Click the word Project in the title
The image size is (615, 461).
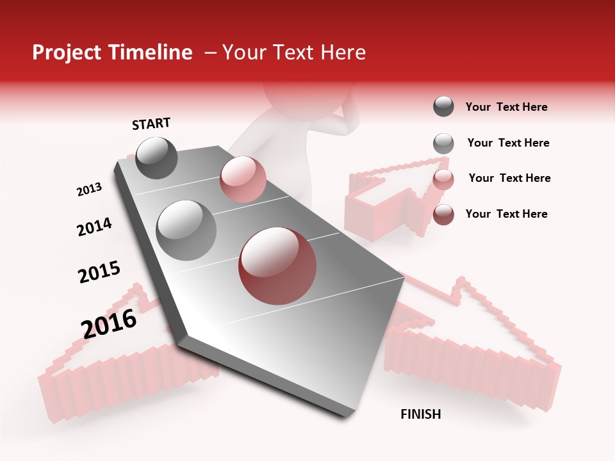point(67,53)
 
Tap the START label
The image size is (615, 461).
point(151,124)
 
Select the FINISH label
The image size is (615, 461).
point(421,414)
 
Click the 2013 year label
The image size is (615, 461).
point(89,190)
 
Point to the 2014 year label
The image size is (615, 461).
point(94,227)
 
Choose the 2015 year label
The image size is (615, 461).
point(99,271)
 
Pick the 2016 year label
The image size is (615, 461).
point(109,323)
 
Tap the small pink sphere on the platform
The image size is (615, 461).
point(243,179)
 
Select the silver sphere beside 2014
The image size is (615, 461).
point(186,230)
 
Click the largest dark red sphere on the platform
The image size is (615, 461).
point(277,266)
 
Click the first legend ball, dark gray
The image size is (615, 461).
point(443,107)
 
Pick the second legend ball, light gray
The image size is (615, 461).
point(443,143)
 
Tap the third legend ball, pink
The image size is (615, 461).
point(443,179)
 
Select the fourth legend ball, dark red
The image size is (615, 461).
point(443,214)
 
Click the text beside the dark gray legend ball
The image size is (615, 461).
point(507,107)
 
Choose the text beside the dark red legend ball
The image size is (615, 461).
point(507,214)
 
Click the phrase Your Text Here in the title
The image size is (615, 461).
point(294,53)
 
